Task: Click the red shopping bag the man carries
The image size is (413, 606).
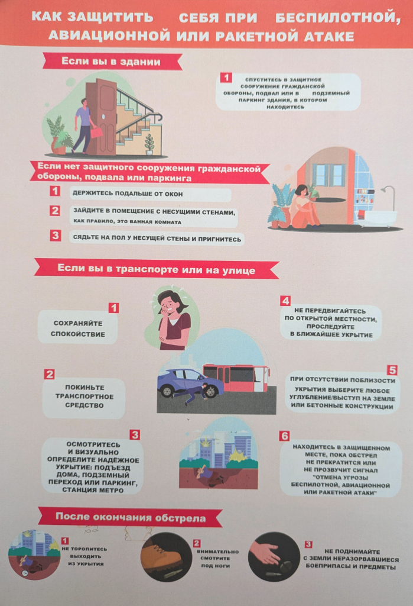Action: pos(97,132)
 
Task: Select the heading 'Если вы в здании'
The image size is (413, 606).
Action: pos(110,62)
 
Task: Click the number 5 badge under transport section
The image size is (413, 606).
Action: pos(392,370)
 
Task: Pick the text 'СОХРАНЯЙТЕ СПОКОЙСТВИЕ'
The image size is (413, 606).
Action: pos(78,328)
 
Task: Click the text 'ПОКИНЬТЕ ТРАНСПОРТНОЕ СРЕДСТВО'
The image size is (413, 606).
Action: pos(84,396)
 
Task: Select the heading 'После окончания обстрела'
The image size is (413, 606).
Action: pos(131,517)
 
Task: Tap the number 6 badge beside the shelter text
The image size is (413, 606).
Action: pos(284,436)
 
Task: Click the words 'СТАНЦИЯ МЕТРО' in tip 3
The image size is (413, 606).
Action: pos(93,490)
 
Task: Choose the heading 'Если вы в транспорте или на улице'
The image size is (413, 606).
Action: pos(157,269)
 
